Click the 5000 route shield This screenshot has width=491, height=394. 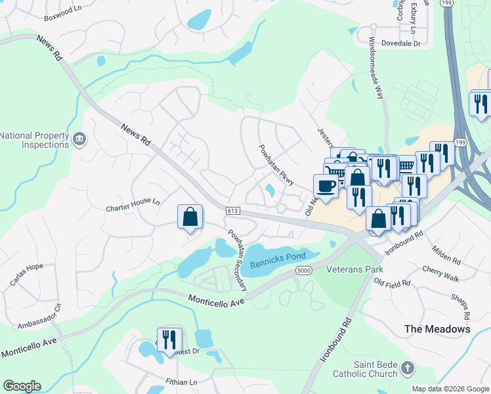pyautogui.click(x=303, y=271)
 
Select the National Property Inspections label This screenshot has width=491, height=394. pyautogui.click(x=34, y=140)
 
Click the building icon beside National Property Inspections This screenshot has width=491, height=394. pyautogui.click(x=79, y=139)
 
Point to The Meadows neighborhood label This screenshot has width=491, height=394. pyautogui.click(x=437, y=329)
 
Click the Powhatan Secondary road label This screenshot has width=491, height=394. pyautogui.click(x=237, y=260)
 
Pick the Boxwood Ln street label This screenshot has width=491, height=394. pyautogui.click(x=68, y=12)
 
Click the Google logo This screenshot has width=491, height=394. pyautogui.click(x=22, y=386)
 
